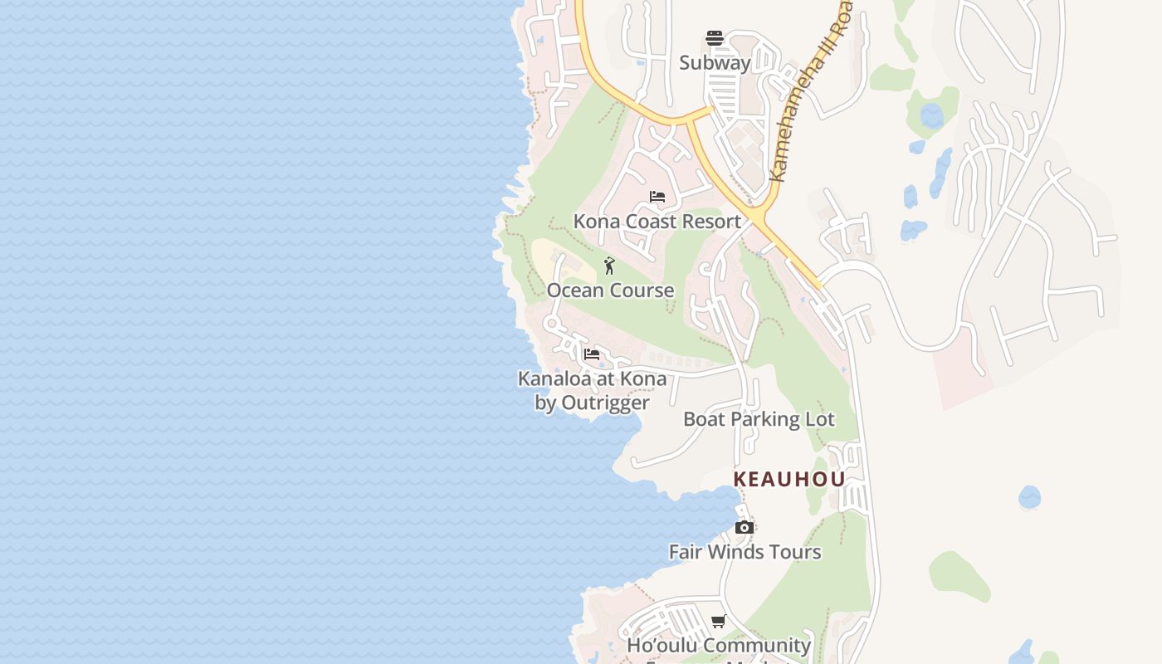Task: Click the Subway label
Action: tap(715, 62)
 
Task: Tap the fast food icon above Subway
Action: tap(715, 37)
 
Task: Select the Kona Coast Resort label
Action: tap(657, 222)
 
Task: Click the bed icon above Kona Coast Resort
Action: tap(657, 197)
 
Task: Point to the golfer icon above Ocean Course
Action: tap(609, 266)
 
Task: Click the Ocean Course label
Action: tap(610, 290)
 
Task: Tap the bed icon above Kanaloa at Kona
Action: tap(592, 354)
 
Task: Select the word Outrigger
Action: tap(604, 403)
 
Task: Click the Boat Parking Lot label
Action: tap(759, 419)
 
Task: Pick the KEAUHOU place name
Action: tap(789, 479)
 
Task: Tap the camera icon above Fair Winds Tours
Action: tap(745, 527)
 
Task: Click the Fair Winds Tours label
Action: tap(745, 552)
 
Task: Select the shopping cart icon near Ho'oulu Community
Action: tap(719, 621)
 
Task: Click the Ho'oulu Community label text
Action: tap(719, 645)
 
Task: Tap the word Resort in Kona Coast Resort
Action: tap(710, 222)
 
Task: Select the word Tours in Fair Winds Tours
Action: tap(795, 552)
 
